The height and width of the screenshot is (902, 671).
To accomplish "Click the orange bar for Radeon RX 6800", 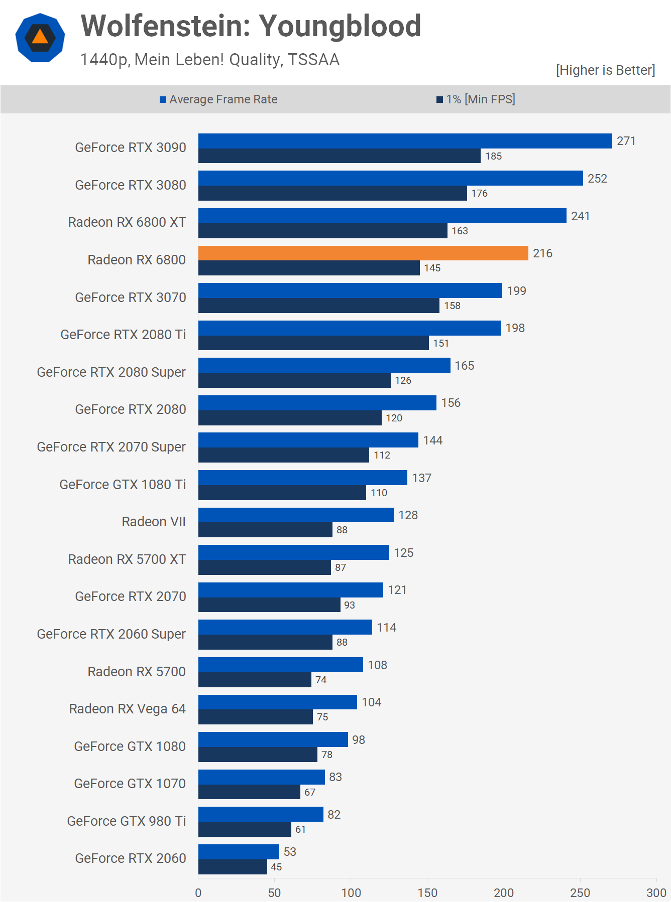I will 363,253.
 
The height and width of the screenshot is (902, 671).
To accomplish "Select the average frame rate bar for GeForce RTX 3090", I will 405,141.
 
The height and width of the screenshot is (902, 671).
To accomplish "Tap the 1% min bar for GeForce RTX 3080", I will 332,193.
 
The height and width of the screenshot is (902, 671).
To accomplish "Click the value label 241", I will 580,216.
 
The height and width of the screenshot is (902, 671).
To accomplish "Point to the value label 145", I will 432,268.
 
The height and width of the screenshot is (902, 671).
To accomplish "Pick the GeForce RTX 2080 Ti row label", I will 123,335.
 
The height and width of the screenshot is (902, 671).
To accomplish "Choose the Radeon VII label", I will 154,522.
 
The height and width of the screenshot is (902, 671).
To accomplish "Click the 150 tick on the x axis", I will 427,892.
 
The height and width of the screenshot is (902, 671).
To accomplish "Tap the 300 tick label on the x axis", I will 656,892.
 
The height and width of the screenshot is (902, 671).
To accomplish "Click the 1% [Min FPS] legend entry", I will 476,99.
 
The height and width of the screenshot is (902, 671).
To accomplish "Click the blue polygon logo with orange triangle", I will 40,38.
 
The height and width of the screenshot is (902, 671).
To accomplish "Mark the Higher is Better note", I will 605,70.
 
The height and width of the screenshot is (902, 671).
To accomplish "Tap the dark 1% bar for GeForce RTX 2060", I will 233,867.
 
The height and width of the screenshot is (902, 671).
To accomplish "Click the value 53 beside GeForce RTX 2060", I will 290,852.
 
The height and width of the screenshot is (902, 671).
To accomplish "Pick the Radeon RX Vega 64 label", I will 127,709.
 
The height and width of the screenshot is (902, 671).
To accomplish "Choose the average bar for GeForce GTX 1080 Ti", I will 302,478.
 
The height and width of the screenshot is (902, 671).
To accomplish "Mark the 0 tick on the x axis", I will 198,892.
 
